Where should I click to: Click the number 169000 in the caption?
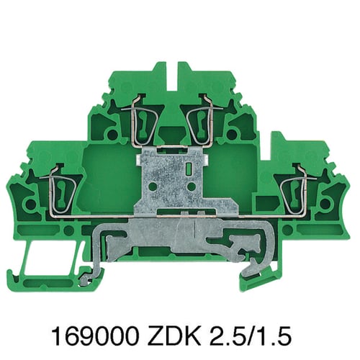pyautogui.click(x=95, y=335)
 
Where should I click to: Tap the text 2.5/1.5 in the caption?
pyautogui.click(x=251, y=335)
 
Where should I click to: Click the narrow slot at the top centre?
pyautogui.click(x=171, y=79)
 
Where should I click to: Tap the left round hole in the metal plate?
pyautogui.click(x=153, y=186)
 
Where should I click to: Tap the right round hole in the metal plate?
pyautogui.click(x=191, y=186)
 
